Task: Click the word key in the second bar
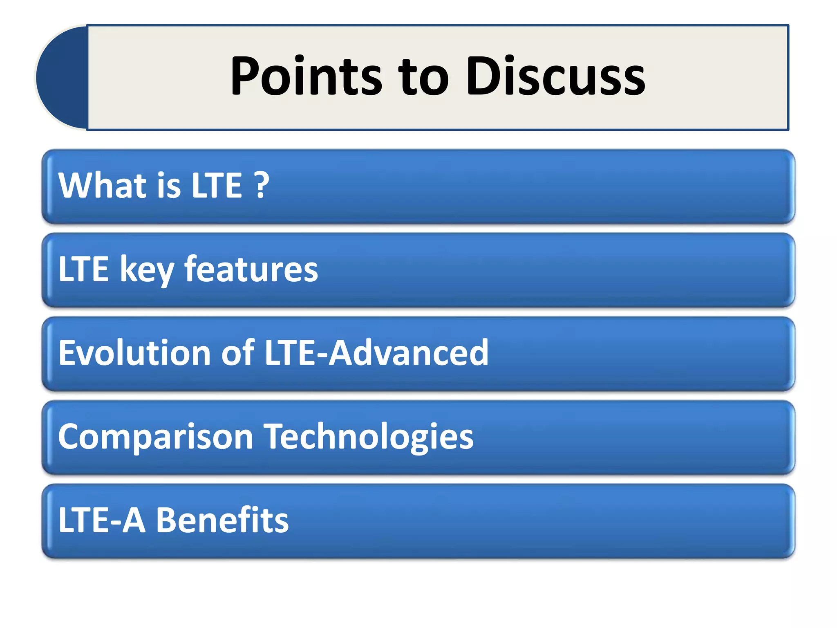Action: (x=147, y=270)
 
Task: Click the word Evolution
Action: (x=134, y=352)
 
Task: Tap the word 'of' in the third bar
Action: (x=238, y=352)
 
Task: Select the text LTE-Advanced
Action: (x=376, y=352)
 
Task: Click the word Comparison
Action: (x=155, y=437)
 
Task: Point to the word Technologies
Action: (x=369, y=437)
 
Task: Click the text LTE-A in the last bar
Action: (x=102, y=520)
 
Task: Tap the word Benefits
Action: (x=222, y=520)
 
